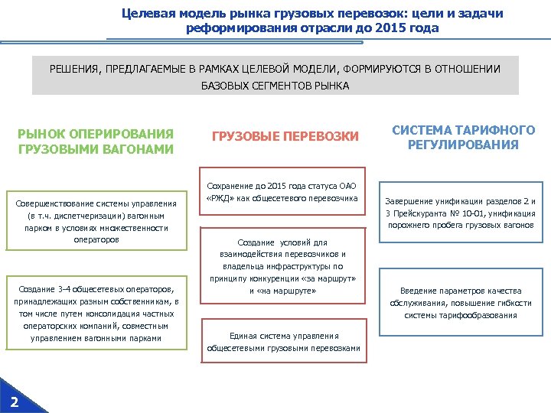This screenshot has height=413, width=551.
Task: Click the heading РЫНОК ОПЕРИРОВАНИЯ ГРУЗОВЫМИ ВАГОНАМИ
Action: [96, 141]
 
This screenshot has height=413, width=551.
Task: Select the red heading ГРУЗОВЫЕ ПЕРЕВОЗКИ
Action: [285, 136]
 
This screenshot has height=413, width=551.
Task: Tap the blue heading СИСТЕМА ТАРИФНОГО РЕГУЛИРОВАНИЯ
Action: [464, 138]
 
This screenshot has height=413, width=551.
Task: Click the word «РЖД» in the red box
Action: [221, 199]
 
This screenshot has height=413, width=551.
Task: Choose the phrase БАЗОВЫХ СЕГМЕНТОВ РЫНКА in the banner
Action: [275, 86]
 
